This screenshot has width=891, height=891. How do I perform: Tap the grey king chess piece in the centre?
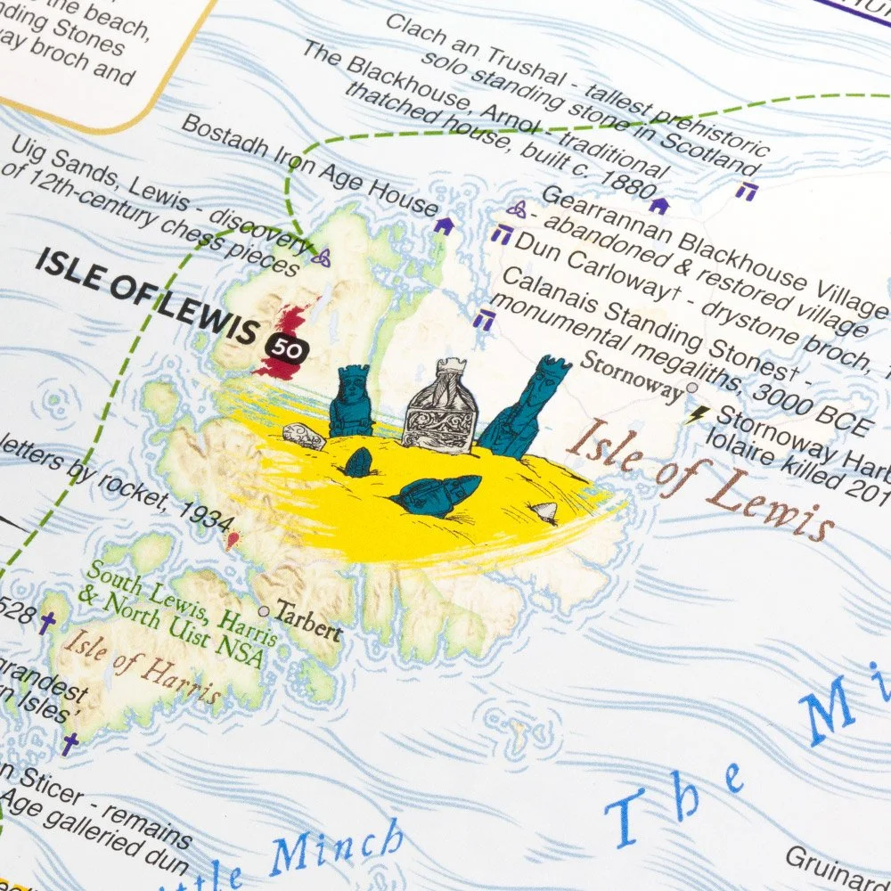pos(440,405)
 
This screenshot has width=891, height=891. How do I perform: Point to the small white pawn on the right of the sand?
pos(545,511)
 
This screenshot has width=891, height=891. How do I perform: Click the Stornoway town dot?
pos(691,388)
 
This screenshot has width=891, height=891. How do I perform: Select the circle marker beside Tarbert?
pos(263,611)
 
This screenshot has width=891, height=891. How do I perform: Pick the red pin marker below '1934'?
pos(233,539)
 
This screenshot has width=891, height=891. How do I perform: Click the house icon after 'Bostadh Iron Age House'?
pos(443,226)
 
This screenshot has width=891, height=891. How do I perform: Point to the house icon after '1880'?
pos(658,206)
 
